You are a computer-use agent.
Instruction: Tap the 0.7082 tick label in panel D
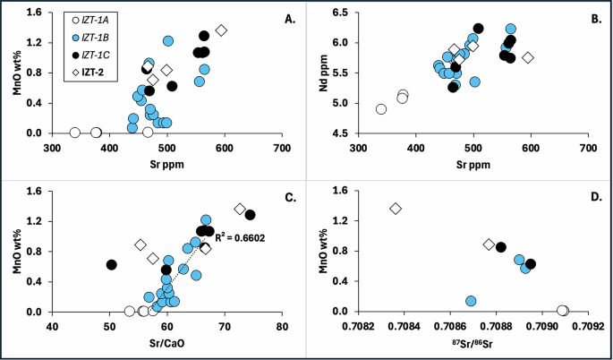(x=358, y=325)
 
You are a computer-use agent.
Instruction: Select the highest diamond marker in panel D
(x=396, y=209)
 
